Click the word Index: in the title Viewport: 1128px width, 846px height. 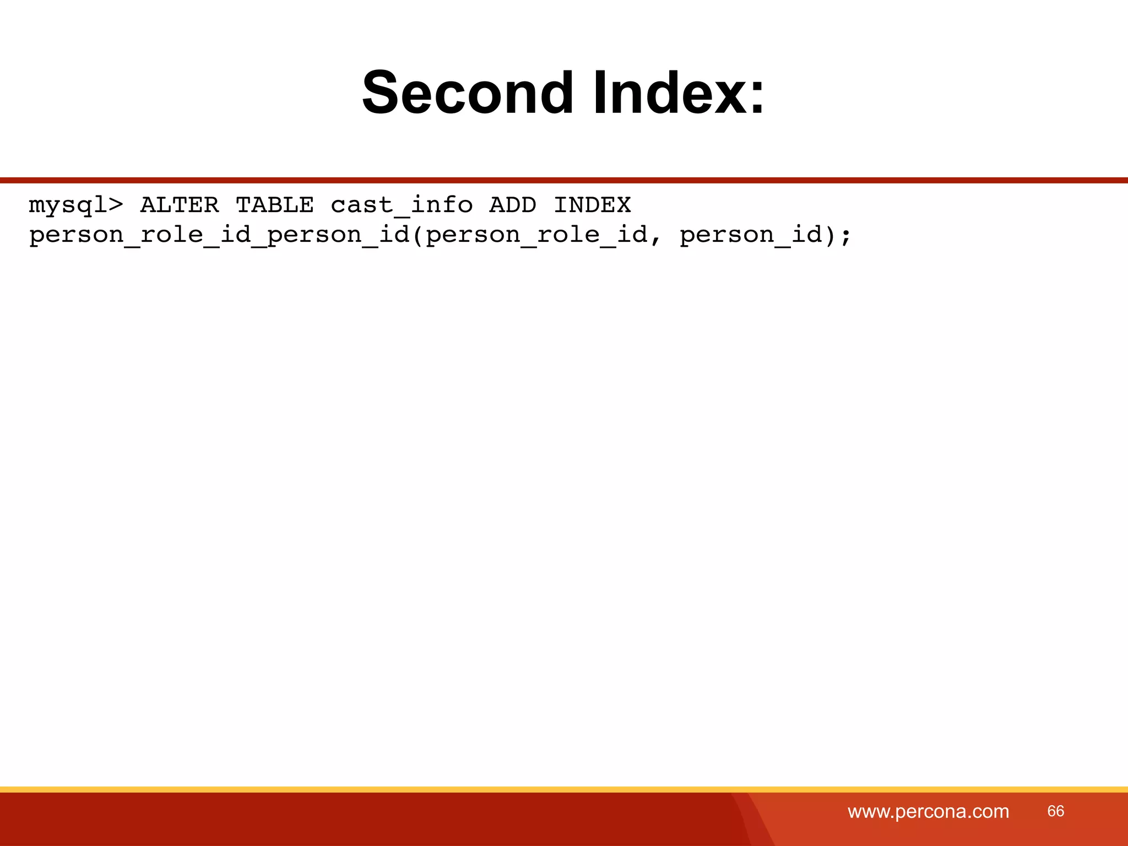[x=679, y=93]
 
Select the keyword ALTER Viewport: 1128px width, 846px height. [x=180, y=205]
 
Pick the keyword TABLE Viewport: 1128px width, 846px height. [x=275, y=205]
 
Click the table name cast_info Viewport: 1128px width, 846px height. [x=402, y=205]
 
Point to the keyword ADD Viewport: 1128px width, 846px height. [x=512, y=205]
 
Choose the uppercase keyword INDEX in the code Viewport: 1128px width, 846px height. [x=592, y=205]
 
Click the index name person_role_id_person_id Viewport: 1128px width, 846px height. [x=219, y=235]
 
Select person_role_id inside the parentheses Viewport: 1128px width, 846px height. [x=536, y=235]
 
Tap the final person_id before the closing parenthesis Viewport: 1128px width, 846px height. [x=751, y=235]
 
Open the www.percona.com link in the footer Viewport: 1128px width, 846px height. [x=928, y=811]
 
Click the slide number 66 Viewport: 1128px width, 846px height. [x=1055, y=811]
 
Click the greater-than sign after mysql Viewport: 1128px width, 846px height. [x=116, y=205]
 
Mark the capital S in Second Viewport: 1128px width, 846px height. [x=380, y=93]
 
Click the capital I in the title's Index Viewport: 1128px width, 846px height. [x=599, y=93]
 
